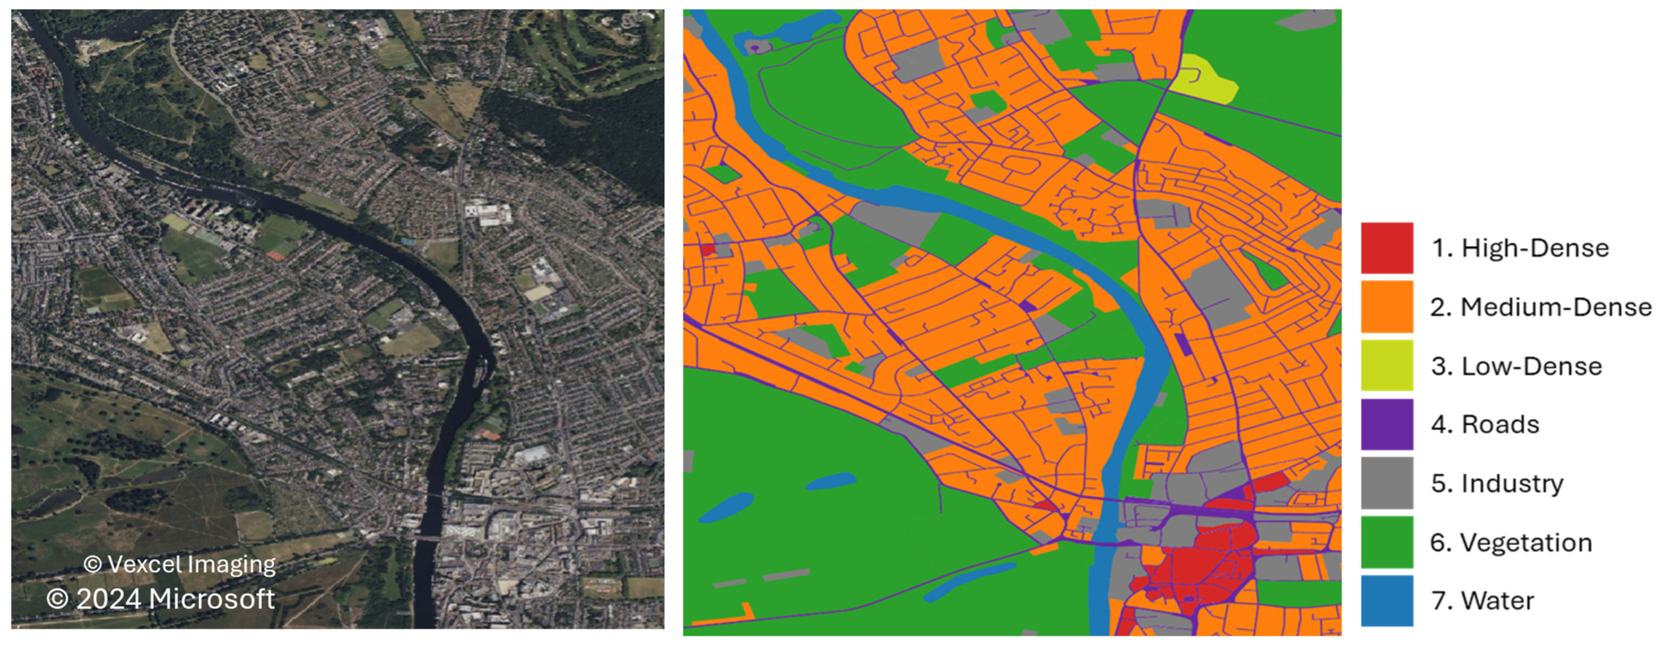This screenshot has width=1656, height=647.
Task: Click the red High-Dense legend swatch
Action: [x=1387, y=248]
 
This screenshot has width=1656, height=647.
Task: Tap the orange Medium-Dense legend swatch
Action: [x=1387, y=306]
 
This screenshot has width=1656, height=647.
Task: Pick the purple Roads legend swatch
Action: [x=1387, y=424]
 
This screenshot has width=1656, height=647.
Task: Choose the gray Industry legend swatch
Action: [x=1387, y=483]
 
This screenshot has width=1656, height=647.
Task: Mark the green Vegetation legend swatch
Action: [x=1387, y=542]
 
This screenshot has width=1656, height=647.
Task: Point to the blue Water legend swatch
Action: [x=1387, y=601]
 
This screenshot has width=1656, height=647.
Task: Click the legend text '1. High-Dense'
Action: [x=1520, y=248]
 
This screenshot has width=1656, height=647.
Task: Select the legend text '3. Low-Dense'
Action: [x=1516, y=366]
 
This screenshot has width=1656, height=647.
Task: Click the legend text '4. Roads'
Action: [x=1485, y=425]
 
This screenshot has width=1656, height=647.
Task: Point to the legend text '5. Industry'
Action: [x=1497, y=483]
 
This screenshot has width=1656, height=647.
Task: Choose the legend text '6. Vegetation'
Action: [x=1511, y=543]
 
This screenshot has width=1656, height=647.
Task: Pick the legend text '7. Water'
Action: [x=1482, y=601]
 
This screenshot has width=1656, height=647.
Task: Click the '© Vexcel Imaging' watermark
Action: [x=179, y=564]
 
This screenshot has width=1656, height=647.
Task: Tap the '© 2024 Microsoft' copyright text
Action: [x=160, y=599]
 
